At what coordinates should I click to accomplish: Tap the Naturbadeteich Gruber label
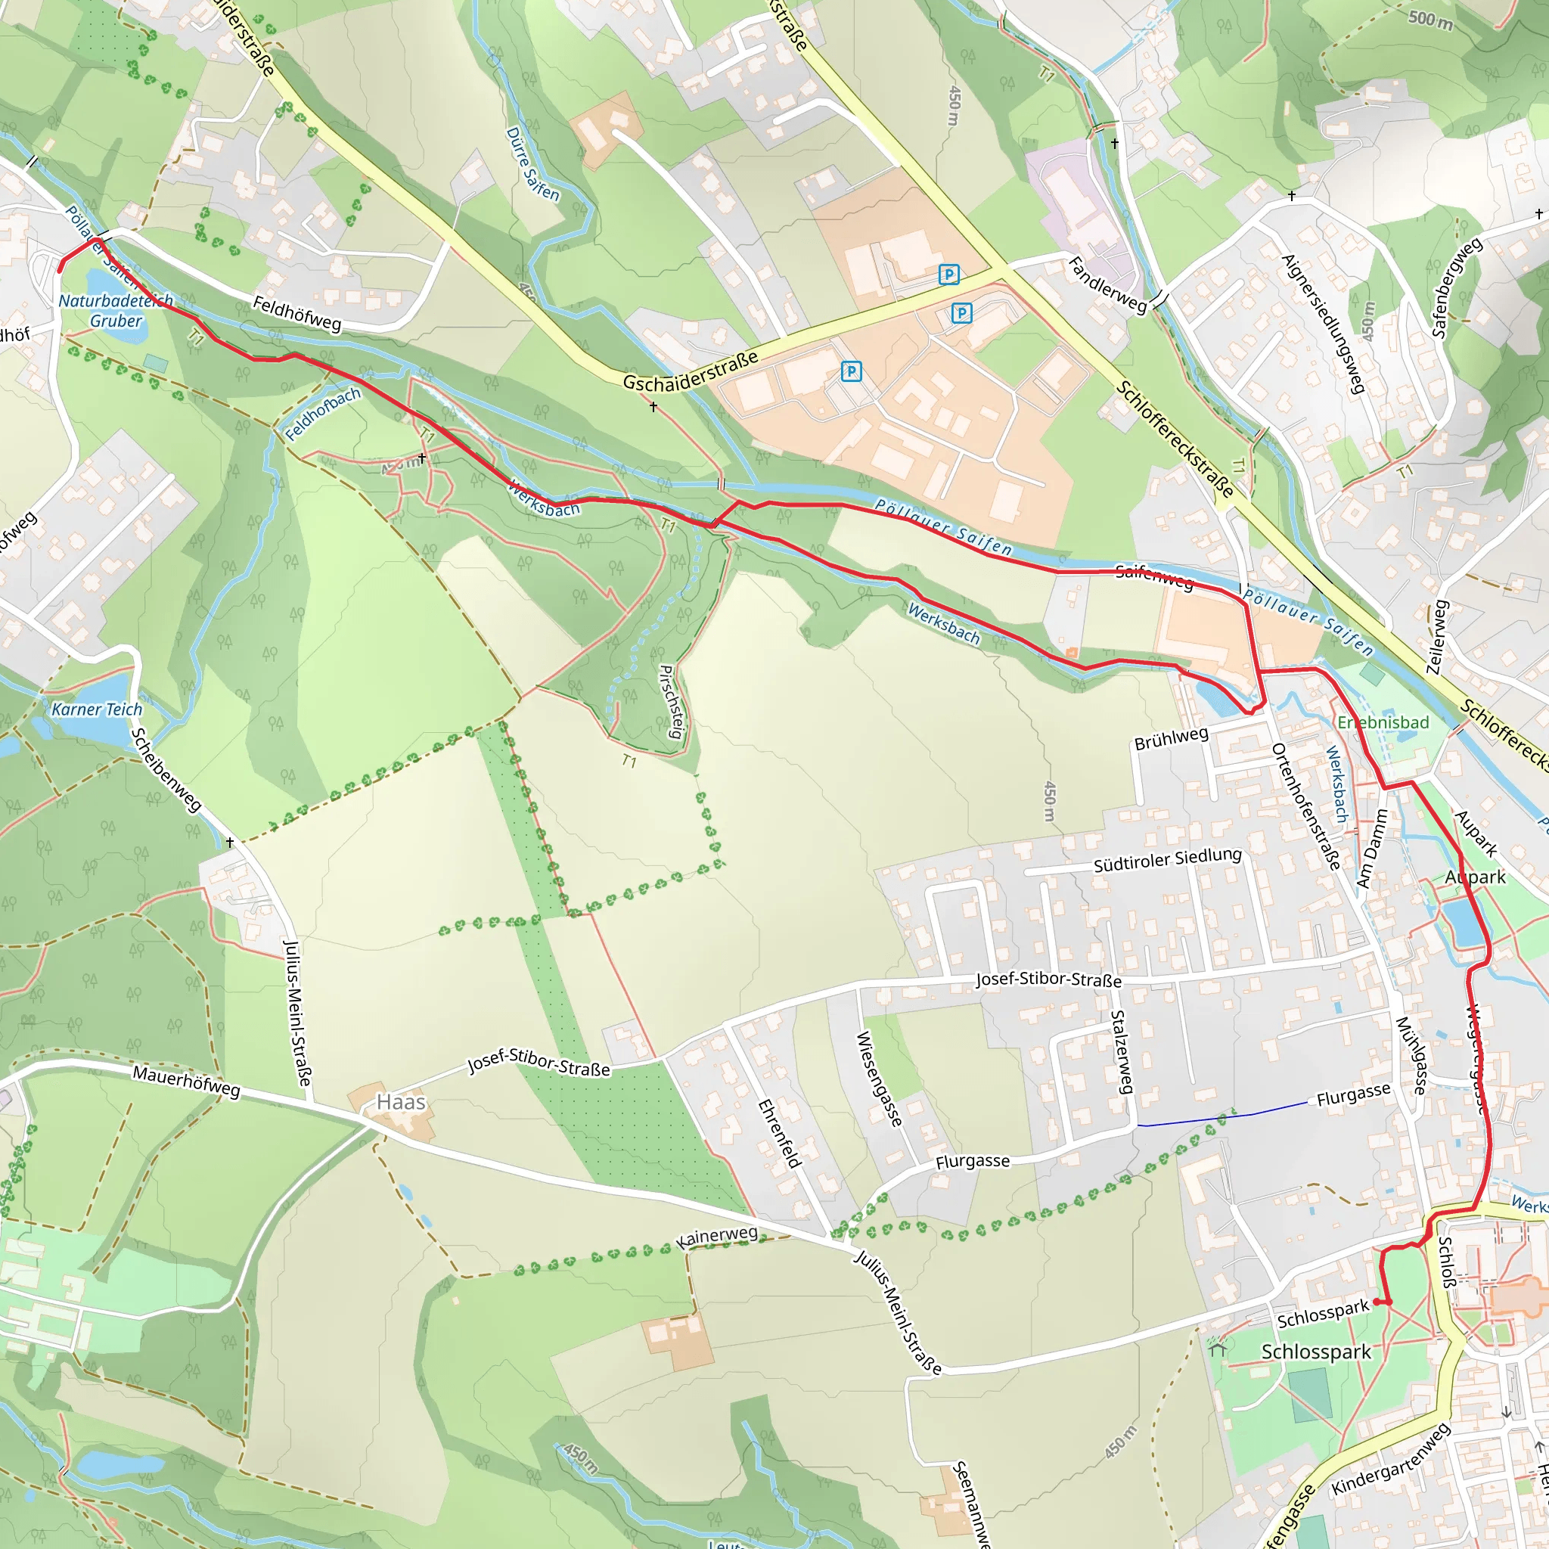tap(116, 311)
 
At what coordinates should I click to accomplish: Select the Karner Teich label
tap(96, 709)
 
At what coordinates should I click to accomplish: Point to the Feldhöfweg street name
tap(296, 313)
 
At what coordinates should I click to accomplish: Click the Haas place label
tap(401, 1103)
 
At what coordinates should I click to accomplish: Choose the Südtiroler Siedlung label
tap(1167, 859)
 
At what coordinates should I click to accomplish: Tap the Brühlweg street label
tap(1171, 738)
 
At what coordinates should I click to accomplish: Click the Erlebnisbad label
tap(1383, 722)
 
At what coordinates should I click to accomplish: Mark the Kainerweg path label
tap(717, 1237)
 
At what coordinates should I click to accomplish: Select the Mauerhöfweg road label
tap(186, 1082)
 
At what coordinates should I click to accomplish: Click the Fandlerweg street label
tap(1107, 284)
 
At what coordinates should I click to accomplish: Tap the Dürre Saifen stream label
tap(532, 163)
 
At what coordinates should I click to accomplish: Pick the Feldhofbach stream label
tap(322, 414)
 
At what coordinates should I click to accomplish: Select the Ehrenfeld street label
tap(779, 1133)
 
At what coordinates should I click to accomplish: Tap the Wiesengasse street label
tap(879, 1078)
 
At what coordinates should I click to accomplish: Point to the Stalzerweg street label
tap(1121, 1052)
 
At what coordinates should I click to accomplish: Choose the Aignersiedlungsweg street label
tap(1323, 324)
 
